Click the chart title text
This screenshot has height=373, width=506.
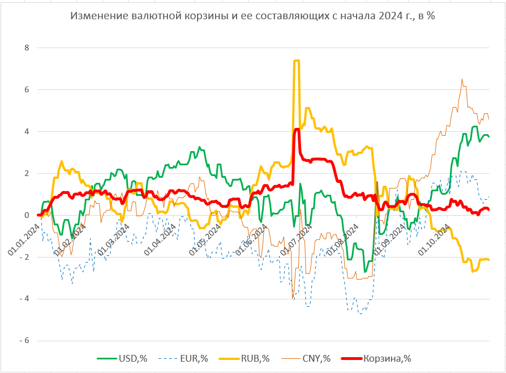point(252,16)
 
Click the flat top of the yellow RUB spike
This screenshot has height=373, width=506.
point(296,61)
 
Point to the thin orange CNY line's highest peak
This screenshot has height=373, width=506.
point(462,79)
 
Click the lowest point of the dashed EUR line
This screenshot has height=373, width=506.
point(359,313)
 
